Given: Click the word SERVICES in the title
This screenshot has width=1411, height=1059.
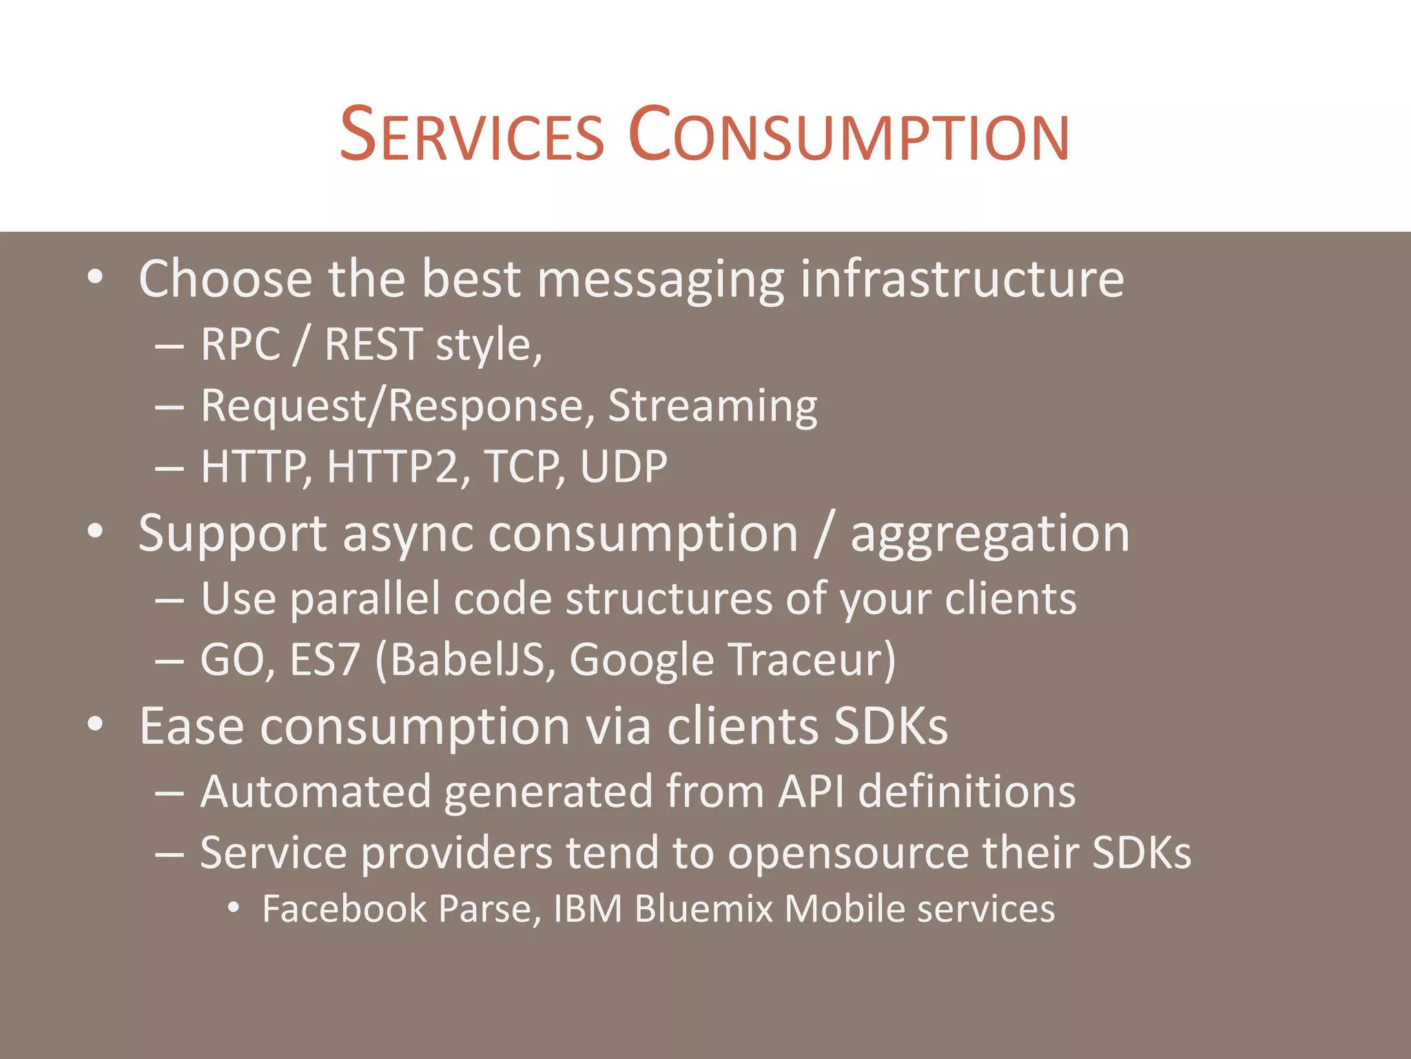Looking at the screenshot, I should [472, 134].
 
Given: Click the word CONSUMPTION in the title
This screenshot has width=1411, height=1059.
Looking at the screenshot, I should [849, 134].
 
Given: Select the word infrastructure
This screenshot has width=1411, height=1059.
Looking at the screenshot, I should [962, 279].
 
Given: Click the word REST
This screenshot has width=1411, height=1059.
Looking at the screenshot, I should [373, 344].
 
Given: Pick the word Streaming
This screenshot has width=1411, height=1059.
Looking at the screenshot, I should [712, 407].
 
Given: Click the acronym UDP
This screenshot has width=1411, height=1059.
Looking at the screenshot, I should [624, 467].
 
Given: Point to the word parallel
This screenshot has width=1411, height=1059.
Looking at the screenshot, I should [365, 598].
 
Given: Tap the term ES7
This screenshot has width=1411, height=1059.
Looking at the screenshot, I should [325, 659].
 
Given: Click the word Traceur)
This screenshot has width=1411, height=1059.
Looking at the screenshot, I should [812, 659].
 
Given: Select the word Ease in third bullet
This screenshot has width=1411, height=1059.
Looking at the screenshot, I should [192, 726].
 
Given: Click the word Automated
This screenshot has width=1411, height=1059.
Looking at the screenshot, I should [316, 791].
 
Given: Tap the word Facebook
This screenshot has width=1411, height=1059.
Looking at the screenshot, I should [344, 909].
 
